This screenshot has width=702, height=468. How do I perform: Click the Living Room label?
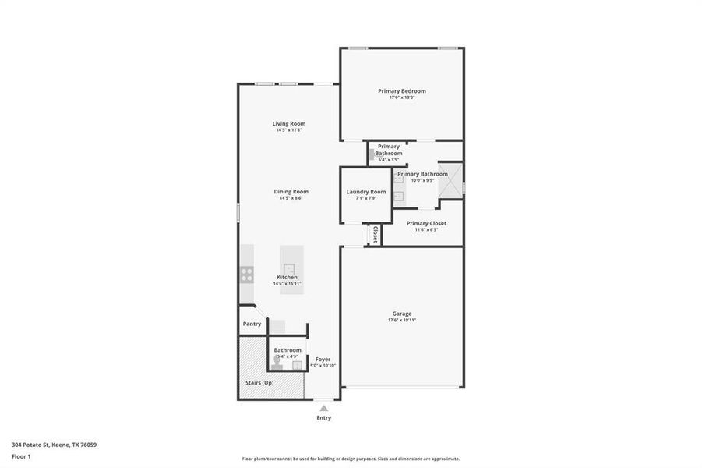pyautogui.click(x=288, y=123)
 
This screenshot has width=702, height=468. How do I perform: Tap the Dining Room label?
pyautogui.click(x=291, y=191)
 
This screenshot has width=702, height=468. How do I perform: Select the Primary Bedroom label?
pyautogui.click(x=402, y=91)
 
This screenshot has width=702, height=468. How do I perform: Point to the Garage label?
pyautogui.click(x=402, y=314)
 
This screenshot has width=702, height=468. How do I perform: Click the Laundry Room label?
pyautogui.click(x=366, y=192)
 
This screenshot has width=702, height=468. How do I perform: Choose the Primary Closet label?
pyautogui.click(x=426, y=223)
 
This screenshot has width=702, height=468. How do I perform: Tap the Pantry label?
pyautogui.click(x=252, y=324)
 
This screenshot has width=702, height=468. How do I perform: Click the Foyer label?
pyautogui.click(x=323, y=360)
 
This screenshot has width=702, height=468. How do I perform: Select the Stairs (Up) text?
pyautogui.click(x=259, y=383)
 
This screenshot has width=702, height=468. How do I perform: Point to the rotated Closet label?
pyautogui.click(x=375, y=234)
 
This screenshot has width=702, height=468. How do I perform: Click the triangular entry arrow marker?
pyautogui.click(x=323, y=407)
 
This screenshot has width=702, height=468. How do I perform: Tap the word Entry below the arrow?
pyautogui.click(x=323, y=418)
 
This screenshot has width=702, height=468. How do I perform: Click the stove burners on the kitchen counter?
pyautogui.click(x=247, y=274)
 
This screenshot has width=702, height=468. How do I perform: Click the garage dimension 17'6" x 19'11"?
pyautogui.click(x=402, y=321)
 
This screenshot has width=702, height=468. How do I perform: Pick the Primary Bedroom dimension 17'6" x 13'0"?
pyautogui.click(x=402, y=97)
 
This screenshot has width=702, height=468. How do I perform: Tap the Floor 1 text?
pyautogui.click(x=22, y=456)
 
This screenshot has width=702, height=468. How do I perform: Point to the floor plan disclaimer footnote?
pyautogui.click(x=351, y=459)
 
